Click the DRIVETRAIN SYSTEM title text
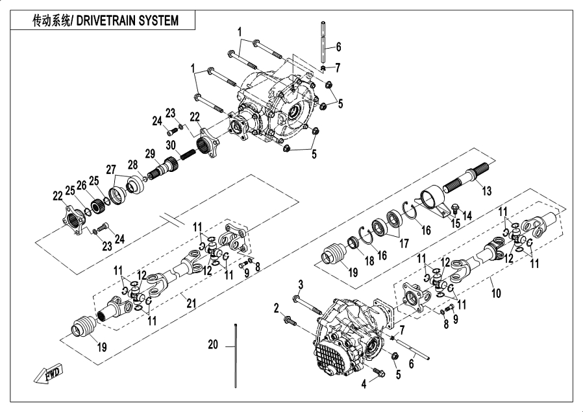[x=105, y=21]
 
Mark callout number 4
[x=364, y=383]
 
